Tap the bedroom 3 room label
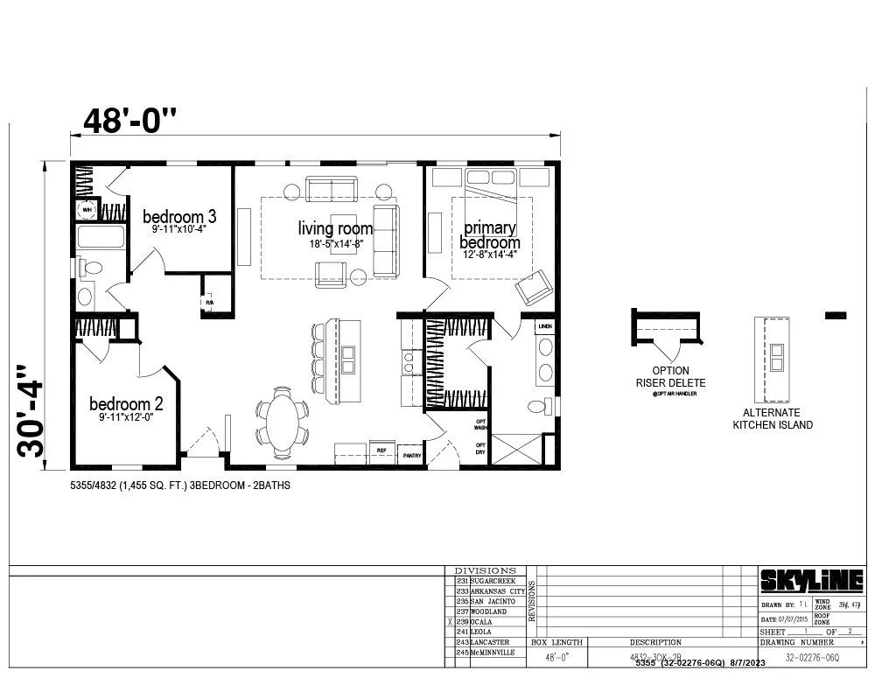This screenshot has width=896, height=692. coord(179,216)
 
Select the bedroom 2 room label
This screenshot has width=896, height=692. coord(126,404)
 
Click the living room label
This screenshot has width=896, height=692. coord(335,229)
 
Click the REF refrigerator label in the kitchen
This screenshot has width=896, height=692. coord(381,450)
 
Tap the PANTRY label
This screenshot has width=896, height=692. coord(410,456)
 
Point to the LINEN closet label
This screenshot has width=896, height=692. coord(544,325)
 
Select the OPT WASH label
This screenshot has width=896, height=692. coord(480,425)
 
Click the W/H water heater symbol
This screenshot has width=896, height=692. coord(87,210)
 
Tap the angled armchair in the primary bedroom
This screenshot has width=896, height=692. coord(534,286)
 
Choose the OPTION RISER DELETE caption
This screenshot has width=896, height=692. coord(670,376)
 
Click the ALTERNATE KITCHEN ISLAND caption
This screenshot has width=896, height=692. coord(773,418)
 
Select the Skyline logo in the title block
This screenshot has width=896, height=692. coord(811,580)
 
